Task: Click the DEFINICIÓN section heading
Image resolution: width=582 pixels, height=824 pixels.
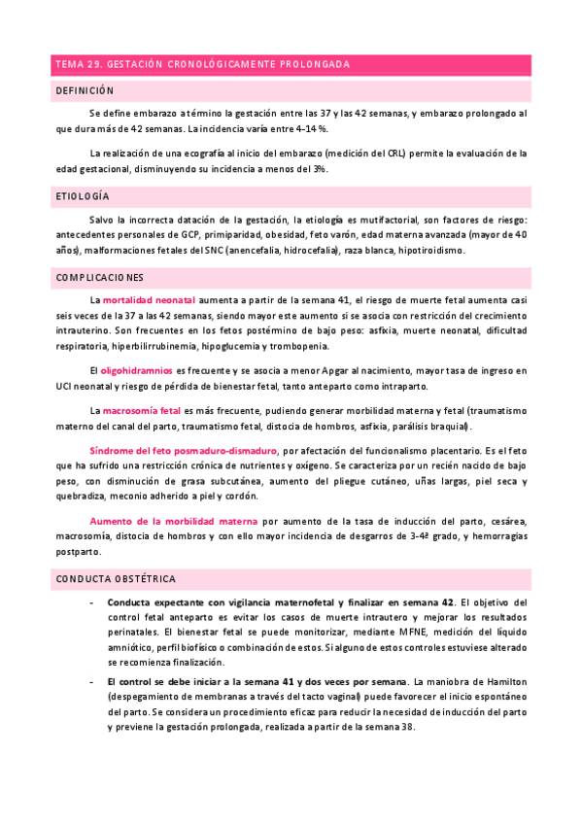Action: point(86,89)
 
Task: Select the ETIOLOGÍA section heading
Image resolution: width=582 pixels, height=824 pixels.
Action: point(82,196)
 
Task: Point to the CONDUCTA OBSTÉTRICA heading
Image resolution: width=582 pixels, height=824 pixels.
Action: point(115,579)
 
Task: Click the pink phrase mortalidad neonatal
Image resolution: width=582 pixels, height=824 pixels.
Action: point(150,301)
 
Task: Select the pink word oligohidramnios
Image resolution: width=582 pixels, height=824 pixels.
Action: point(137,370)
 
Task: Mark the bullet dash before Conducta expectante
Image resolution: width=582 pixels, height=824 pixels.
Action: point(90,603)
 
